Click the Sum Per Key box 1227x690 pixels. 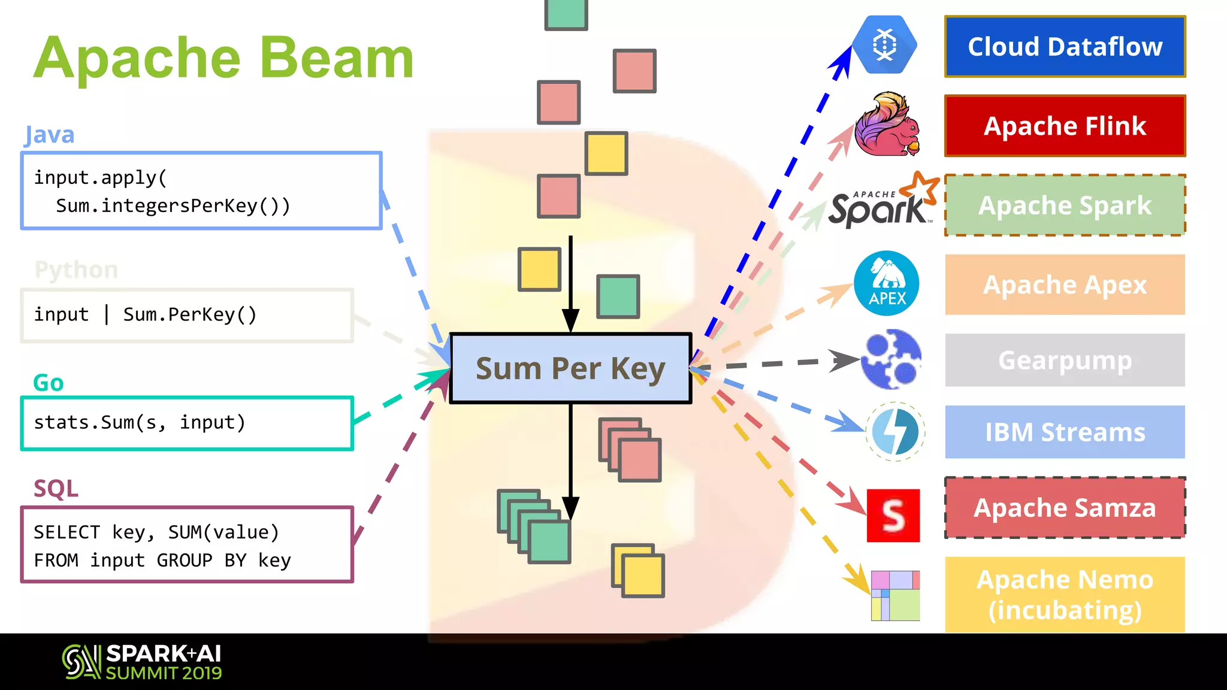(570, 368)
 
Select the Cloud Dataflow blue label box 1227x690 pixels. (1065, 47)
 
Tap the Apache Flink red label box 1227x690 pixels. (1065, 126)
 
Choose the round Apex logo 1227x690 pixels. (887, 283)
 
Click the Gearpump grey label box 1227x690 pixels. (1065, 360)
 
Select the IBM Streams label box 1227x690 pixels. (1065, 432)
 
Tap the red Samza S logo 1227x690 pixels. (893, 515)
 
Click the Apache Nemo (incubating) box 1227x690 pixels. (1065, 594)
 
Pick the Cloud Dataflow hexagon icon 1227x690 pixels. (884, 45)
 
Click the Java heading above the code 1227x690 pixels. (50, 135)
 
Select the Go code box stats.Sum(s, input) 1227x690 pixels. (187, 423)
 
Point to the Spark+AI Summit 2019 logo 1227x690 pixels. (142, 662)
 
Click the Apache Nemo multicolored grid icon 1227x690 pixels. (895, 595)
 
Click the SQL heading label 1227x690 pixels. (56, 489)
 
